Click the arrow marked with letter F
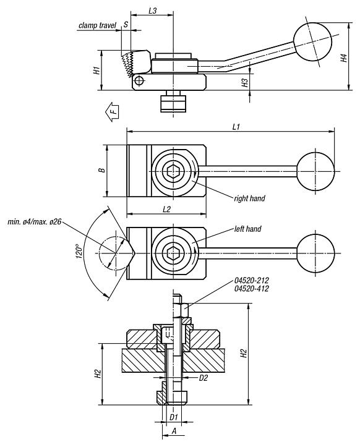click(x=112, y=111)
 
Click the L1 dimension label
click(x=236, y=126)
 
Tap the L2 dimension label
click(x=166, y=210)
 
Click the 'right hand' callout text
click(x=249, y=198)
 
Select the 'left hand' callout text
click(x=247, y=229)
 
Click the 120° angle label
click(x=79, y=252)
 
